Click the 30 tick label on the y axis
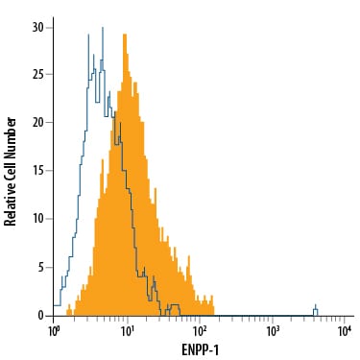coord(38,28)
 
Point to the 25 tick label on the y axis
coord(38,75)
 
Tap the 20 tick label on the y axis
coord(38,123)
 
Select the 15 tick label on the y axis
coord(38,171)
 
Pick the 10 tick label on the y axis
coord(38,219)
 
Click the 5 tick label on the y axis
coord(41,268)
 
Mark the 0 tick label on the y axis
coord(41,316)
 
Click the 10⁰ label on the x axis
coord(53,332)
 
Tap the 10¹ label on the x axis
coord(127,332)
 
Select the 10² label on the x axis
coord(199,332)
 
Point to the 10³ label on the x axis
coord(272,332)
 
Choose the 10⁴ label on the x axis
coord(345,332)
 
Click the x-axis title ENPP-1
coord(201,350)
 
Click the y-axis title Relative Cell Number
coord(10,172)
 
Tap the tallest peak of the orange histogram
coord(125,35)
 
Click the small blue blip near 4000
coord(316,310)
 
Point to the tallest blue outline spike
coord(103,28)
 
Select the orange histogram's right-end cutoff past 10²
coord(214,309)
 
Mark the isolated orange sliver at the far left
coord(69,310)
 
